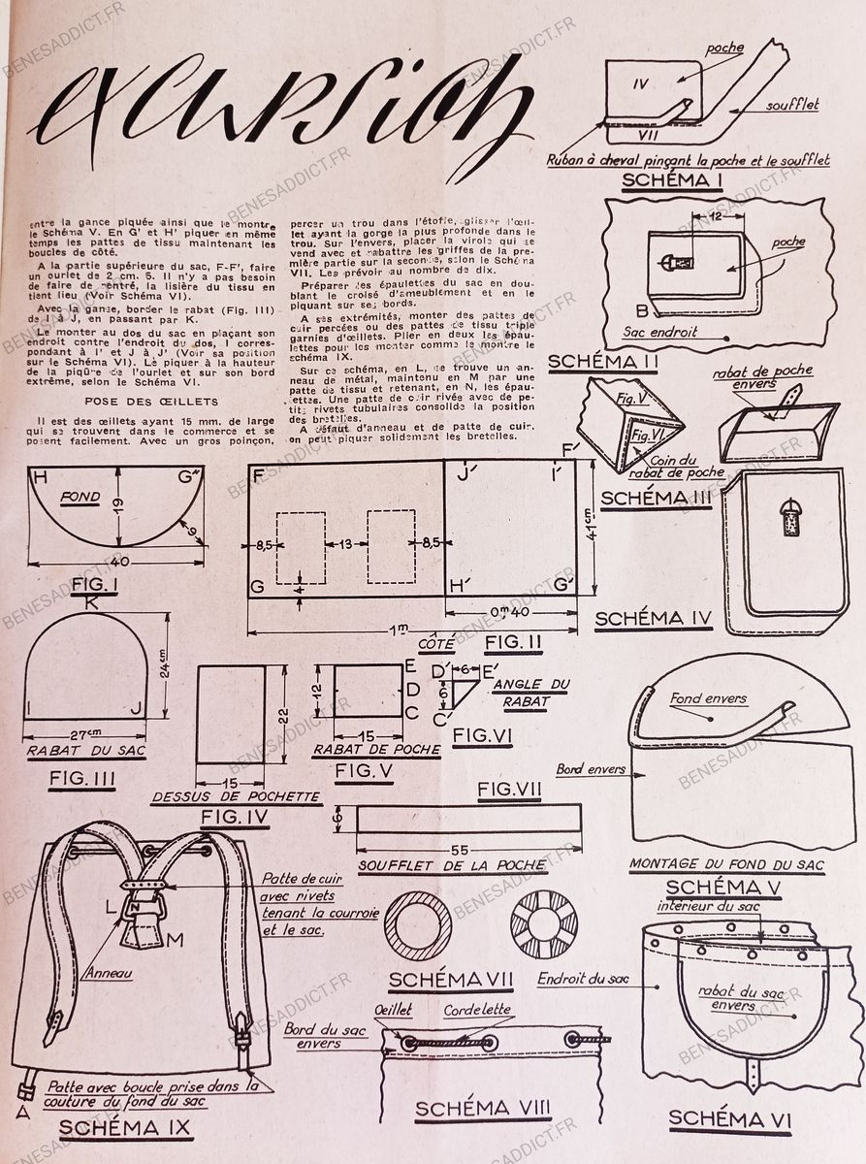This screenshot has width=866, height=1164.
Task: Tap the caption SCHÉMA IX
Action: [125, 1127]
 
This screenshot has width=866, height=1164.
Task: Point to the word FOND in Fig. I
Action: [80, 496]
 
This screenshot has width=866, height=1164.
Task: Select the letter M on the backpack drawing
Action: [175, 940]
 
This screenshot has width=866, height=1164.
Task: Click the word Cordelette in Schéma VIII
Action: [478, 1010]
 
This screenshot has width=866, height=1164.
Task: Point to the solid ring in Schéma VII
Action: [418, 926]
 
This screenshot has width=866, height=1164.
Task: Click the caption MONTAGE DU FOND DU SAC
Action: [726, 863]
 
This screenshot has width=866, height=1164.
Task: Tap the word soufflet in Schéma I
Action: [791, 106]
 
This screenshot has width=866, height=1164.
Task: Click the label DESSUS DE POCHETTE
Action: [236, 797]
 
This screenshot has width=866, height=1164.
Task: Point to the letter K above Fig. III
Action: [91, 602]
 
